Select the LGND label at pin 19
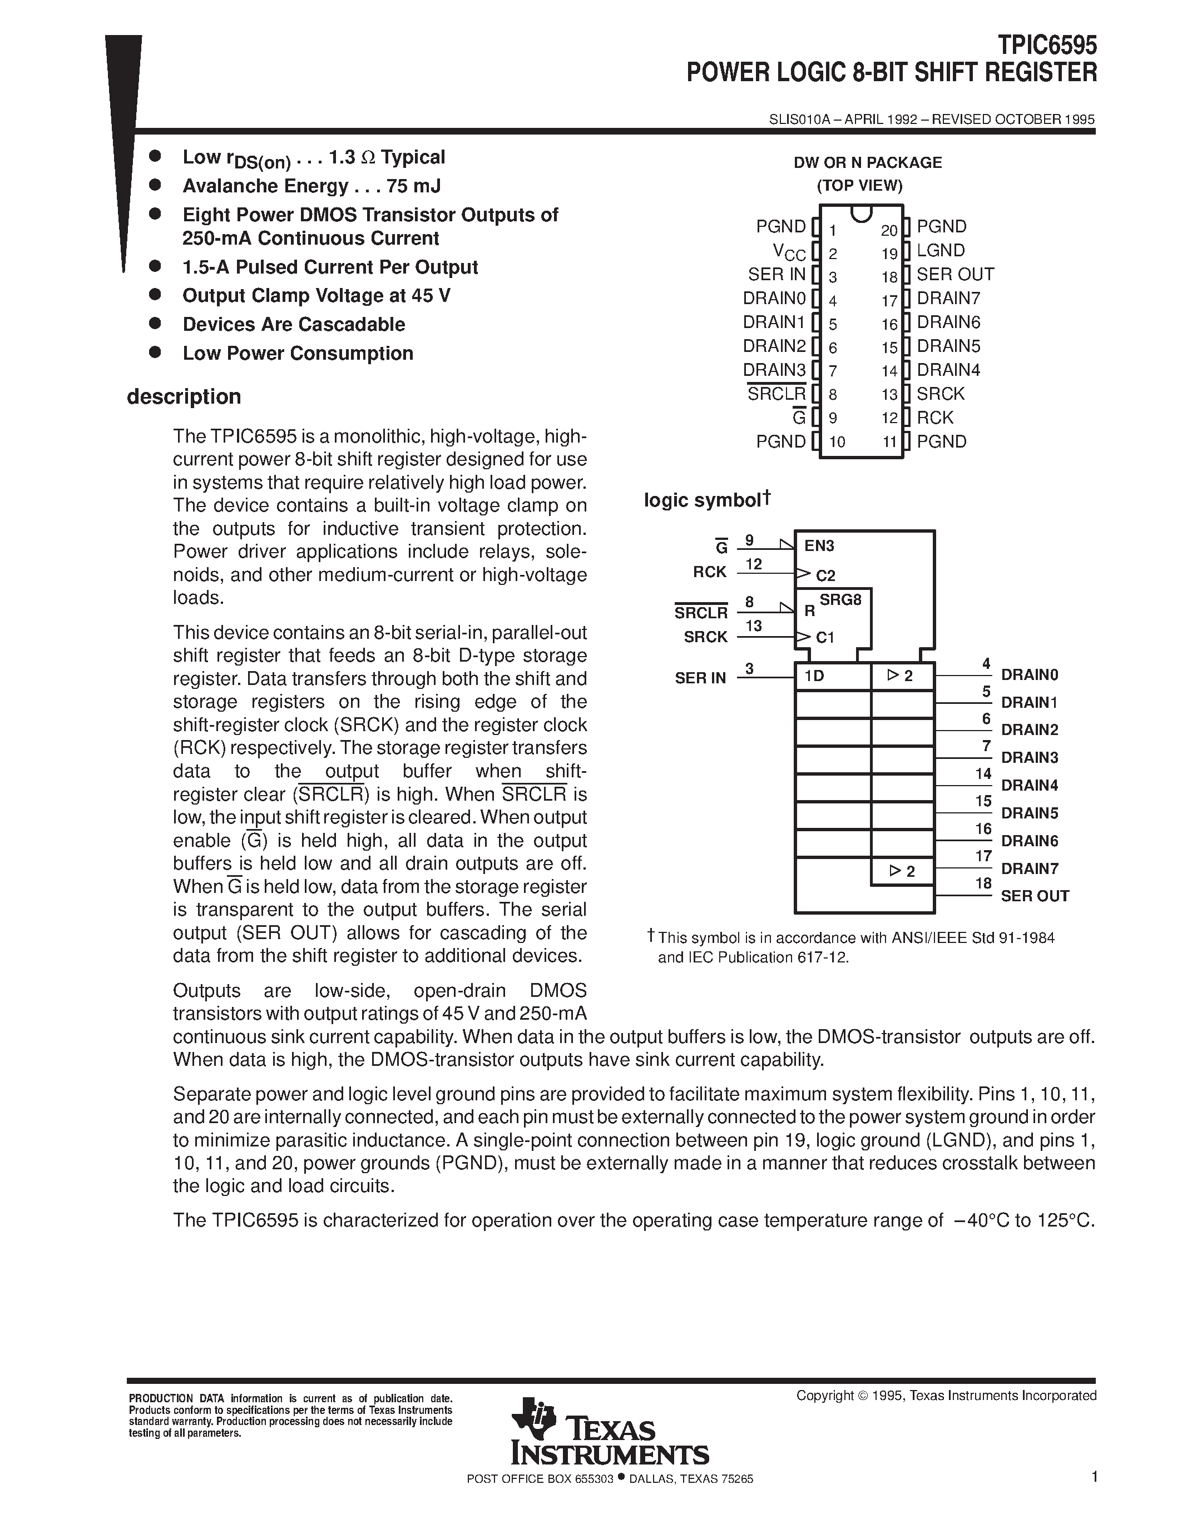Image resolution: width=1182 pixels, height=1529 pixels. coord(941,251)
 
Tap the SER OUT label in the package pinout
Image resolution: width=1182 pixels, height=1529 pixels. coord(955,275)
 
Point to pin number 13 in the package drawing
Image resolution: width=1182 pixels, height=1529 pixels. coord(889,395)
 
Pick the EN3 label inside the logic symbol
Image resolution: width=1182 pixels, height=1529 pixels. coord(819,545)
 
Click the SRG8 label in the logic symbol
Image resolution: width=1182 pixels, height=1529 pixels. coord(840,599)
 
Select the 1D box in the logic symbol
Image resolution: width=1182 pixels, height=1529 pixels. coord(832,676)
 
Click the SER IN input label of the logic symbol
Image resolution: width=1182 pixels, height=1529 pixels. coord(700,678)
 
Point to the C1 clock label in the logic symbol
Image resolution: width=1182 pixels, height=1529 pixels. coord(825,638)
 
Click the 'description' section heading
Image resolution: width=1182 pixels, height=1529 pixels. coord(184,397)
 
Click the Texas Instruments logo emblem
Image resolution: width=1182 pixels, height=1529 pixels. coord(530,1418)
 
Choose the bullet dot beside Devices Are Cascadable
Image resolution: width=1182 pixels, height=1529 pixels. coord(155,324)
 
